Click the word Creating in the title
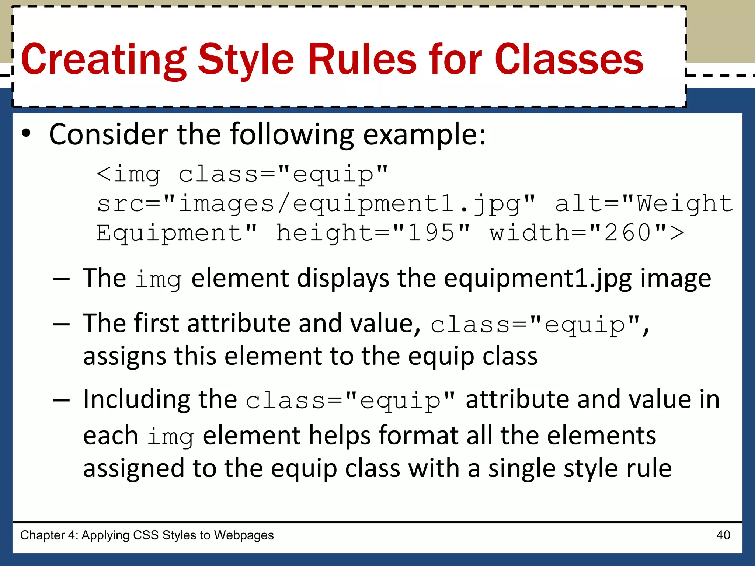click(104, 60)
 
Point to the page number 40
click(723, 535)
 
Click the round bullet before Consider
click(26, 134)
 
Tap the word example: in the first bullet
click(424, 135)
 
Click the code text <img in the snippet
click(128, 174)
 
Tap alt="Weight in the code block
click(644, 204)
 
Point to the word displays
click(343, 279)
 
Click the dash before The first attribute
click(61, 324)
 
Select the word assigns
click(125, 356)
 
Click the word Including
click(136, 400)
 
